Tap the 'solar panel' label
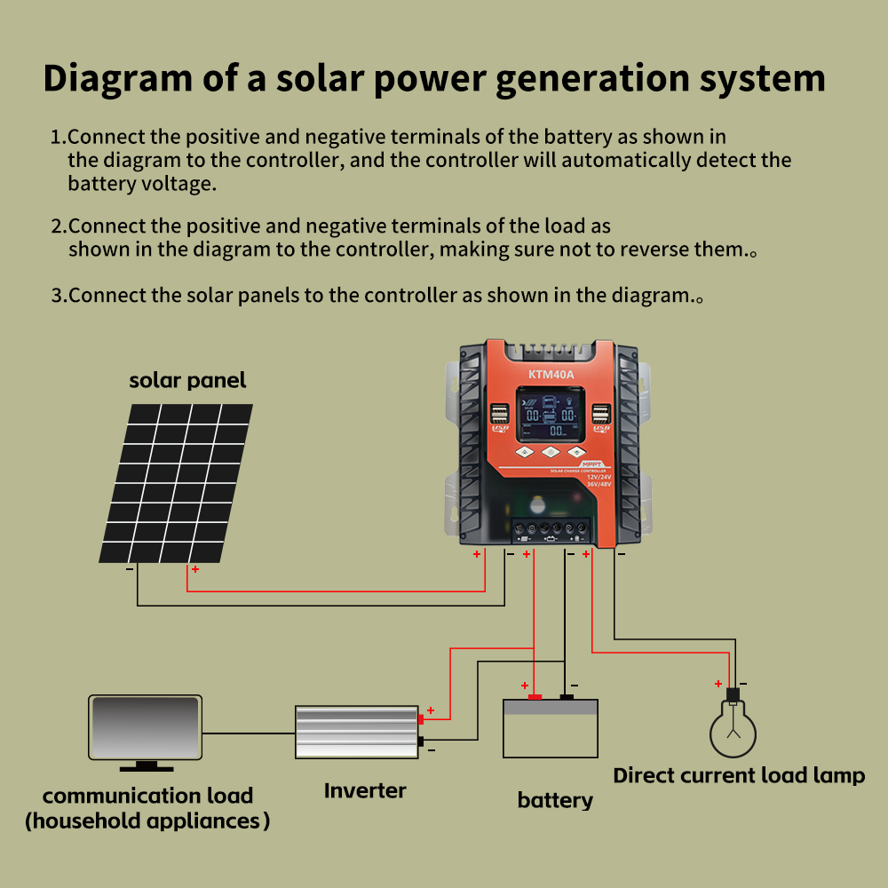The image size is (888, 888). (187, 381)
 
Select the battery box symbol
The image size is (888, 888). (551, 729)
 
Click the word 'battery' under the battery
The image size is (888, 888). (555, 800)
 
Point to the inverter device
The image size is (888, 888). (356, 732)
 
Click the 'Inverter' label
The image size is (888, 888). (365, 790)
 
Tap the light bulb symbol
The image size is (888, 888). (733, 728)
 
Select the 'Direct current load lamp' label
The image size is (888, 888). (739, 775)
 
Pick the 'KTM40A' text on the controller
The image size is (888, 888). (552, 374)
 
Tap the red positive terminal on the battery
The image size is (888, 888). (535, 697)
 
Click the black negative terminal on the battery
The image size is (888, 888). (566, 697)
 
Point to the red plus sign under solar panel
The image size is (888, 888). (194, 568)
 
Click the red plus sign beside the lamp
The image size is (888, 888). (718, 684)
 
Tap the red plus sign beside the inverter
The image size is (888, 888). (431, 710)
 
